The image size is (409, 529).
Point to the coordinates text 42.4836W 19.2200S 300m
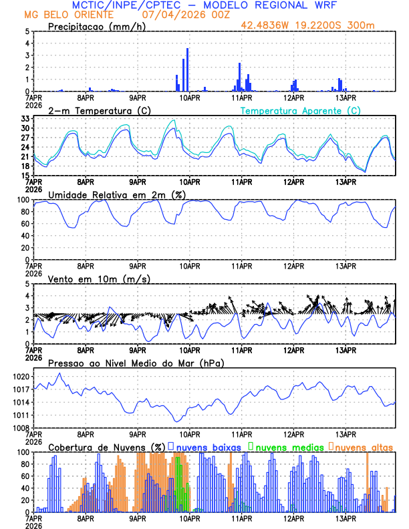point(318,26)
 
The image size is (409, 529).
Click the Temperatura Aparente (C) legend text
point(300,110)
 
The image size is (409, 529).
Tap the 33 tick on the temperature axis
point(25,119)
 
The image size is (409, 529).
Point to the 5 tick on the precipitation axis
point(27,31)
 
